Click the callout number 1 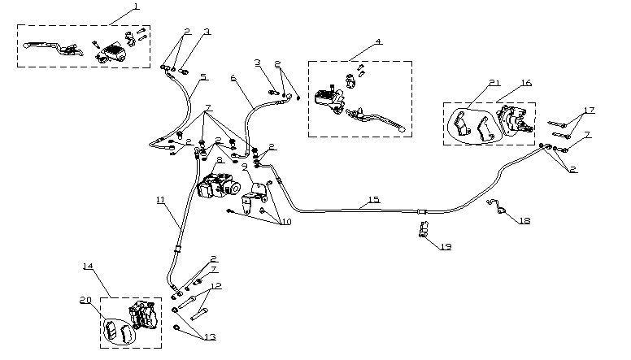(x=136, y=7)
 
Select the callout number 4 (x=355, y=41)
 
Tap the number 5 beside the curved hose (x=203, y=77)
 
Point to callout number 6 (x=233, y=78)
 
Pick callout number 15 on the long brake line (x=373, y=200)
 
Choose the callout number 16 (x=527, y=83)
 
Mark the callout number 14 (x=88, y=266)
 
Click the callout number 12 (x=215, y=287)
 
